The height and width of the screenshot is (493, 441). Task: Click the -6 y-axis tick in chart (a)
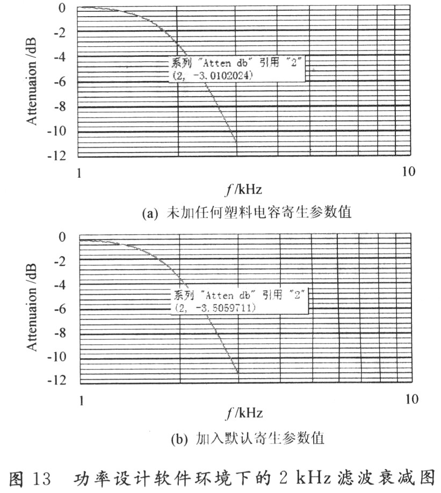coord(60,82)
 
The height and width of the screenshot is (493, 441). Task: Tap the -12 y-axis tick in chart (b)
coord(57,380)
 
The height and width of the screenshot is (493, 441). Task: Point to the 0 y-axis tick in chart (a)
coord(62,8)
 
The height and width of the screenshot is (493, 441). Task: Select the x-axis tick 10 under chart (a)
coord(409,172)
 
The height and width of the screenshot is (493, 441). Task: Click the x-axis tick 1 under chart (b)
coord(82,401)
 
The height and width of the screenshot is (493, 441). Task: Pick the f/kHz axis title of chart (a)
coord(243,190)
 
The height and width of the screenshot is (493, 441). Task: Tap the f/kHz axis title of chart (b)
coord(244,413)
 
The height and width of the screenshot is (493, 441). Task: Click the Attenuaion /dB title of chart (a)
coord(32,82)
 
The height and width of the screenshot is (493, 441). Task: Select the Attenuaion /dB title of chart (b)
coord(32,307)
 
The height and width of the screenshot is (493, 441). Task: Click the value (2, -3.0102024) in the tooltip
coord(213,76)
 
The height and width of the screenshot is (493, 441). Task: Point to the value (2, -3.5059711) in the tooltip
coord(215,308)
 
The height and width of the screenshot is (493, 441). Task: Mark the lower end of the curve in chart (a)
coord(236,142)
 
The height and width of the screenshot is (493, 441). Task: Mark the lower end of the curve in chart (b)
coord(238,373)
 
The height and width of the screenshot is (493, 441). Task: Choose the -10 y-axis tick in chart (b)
coord(57,357)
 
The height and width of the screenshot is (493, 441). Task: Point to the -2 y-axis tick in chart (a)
coord(60,32)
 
